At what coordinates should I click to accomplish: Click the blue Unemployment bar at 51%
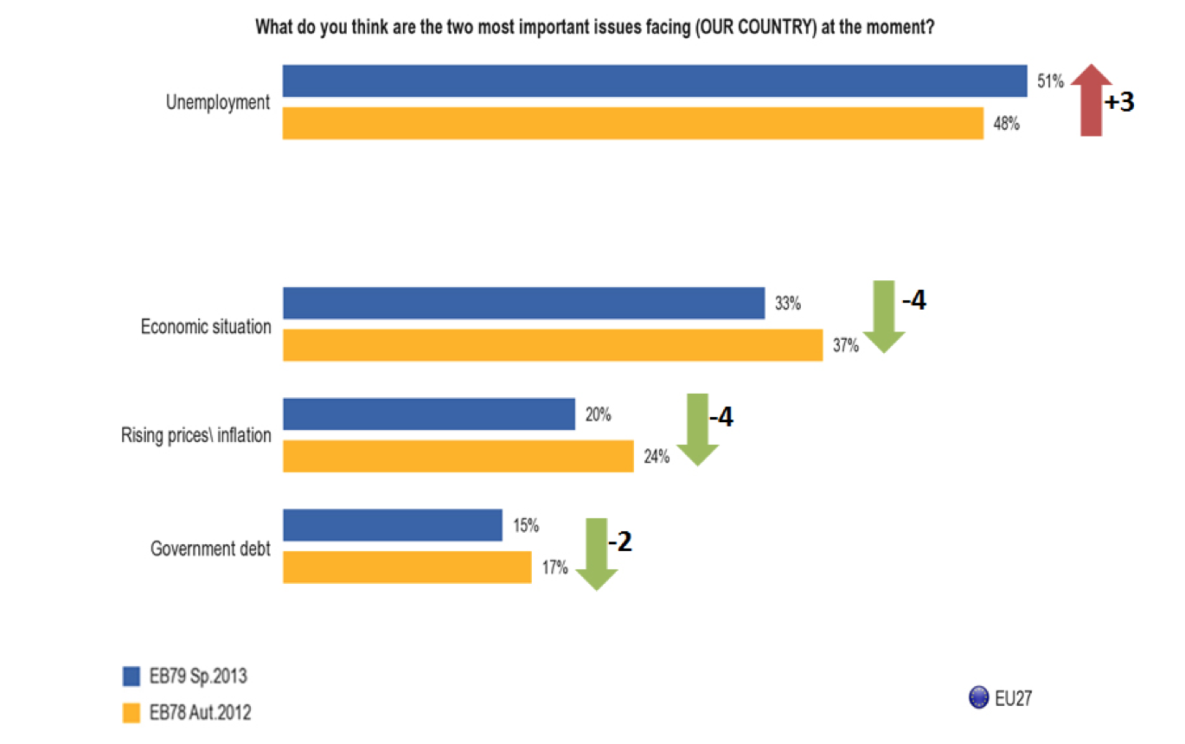tap(655, 80)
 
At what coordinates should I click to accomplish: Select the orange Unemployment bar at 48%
tap(633, 123)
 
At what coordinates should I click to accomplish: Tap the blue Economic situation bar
tap(523, 304)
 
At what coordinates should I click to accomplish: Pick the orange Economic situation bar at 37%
tap(553, 345)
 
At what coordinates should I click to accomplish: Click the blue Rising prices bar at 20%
tap(429, 414)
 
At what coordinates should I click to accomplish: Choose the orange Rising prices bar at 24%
tap(458, 456)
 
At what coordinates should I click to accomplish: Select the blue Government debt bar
tap(393, 525)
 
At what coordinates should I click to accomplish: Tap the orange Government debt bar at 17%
tap(407, 567)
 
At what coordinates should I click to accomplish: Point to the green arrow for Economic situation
tap(883, 316)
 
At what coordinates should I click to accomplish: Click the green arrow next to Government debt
tap(596, 553)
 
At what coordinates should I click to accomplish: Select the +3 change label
tap(1118, 102)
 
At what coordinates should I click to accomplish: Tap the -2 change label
tap(621, 542)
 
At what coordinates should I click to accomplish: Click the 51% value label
tap(1050, 81)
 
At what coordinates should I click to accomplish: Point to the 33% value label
tap(788, 305)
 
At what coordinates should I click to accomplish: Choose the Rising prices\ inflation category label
tap(195, 435)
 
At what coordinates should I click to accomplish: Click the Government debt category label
tap(210, 548)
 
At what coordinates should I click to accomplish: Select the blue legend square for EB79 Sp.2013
tap(131, 676)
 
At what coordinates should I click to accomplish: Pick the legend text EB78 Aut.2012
tap(200, 713)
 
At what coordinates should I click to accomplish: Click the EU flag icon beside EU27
tap(980, 697)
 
